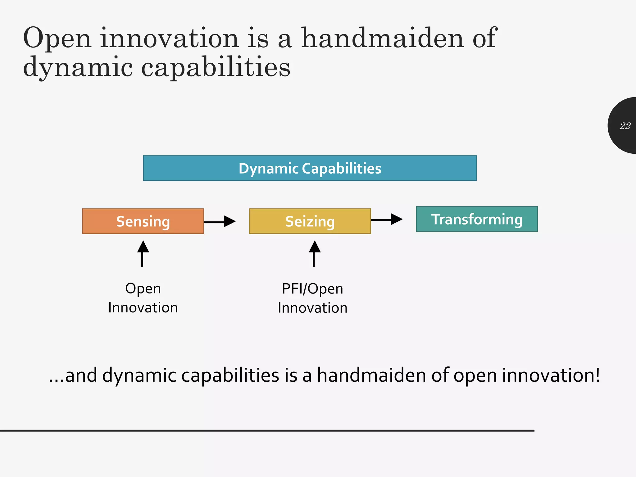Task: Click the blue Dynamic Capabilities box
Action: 310,168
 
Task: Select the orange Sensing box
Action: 143,221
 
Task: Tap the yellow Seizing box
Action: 310,221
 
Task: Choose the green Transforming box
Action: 477,219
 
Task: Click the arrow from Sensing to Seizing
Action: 220,221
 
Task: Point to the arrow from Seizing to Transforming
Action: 387,219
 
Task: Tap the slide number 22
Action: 625,126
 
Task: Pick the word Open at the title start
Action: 57,39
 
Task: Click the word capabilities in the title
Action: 216,67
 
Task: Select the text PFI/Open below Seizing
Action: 312,289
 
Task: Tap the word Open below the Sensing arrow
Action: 143,288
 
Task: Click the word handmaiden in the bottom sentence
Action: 371,375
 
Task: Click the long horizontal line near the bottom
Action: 267,430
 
